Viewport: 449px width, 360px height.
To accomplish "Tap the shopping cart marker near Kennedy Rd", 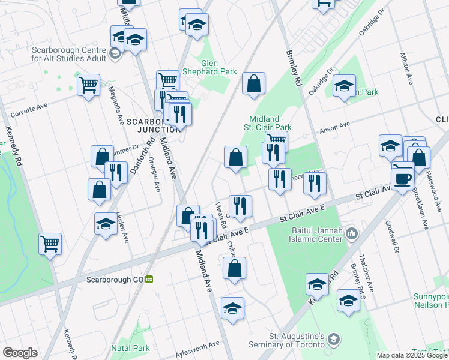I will point(50,244).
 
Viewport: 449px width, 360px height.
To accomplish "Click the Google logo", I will point(20,353).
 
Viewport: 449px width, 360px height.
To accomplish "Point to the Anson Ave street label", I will point(334,127).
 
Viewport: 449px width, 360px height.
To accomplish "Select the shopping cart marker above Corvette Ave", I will point(88,85).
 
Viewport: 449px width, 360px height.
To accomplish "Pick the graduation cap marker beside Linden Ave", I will point(106,224).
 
